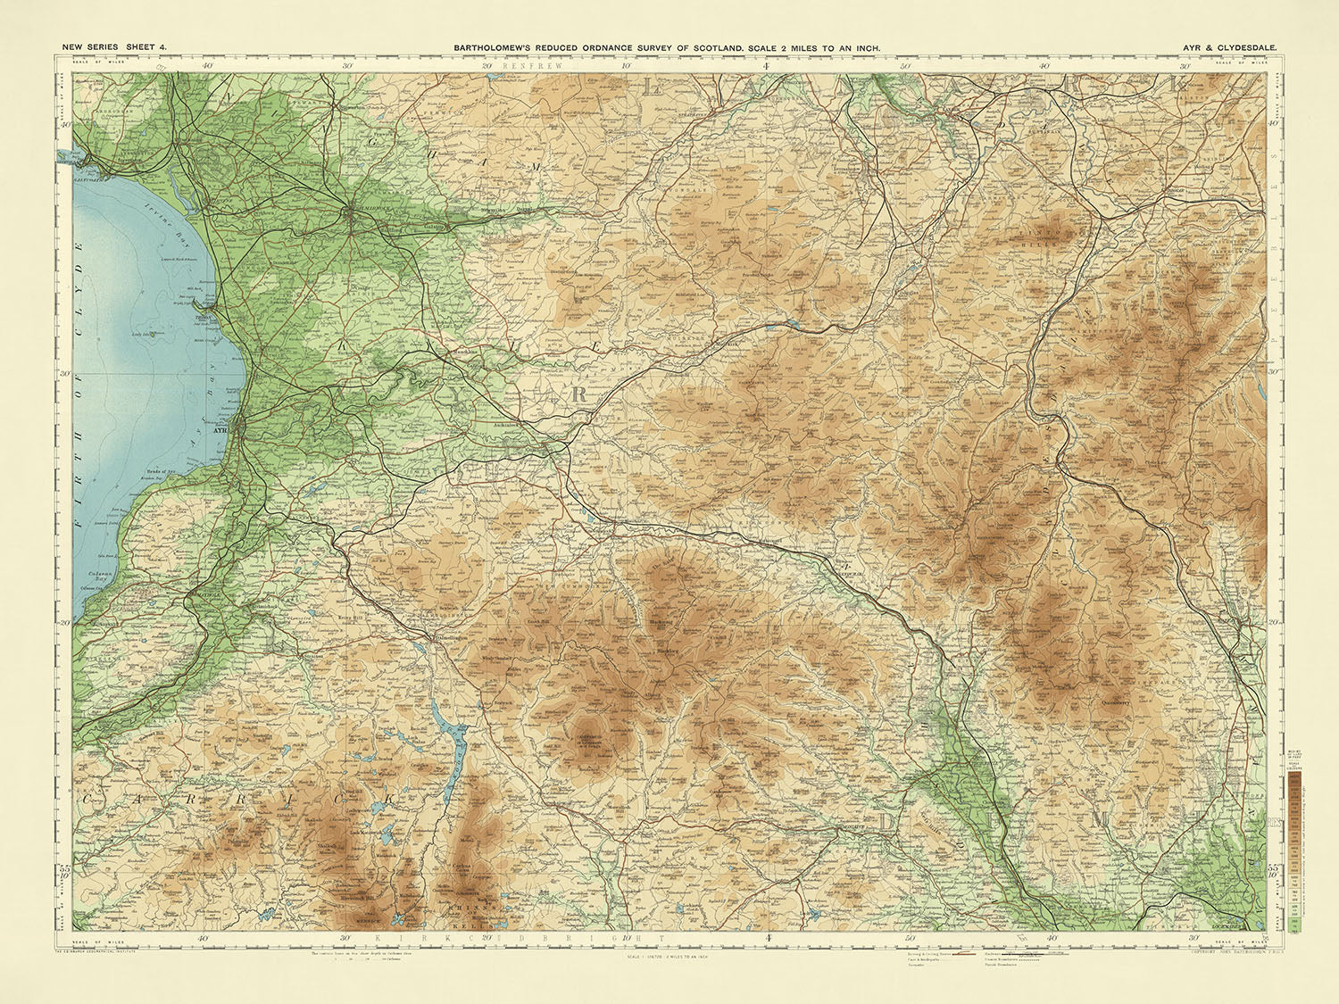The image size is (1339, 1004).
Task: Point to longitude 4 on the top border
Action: pyautogui.click(x=766, y=65)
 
